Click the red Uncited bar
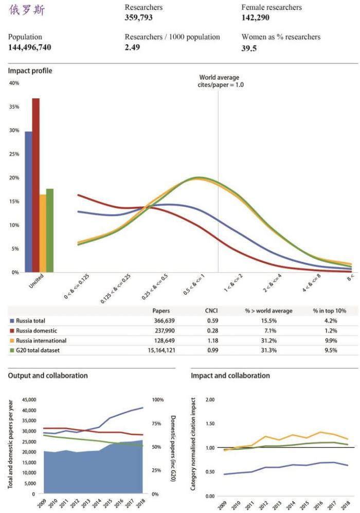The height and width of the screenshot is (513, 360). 35,185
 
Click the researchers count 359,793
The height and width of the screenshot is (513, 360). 138,17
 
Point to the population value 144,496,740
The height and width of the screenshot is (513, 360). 29,47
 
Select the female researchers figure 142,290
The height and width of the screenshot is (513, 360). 256,17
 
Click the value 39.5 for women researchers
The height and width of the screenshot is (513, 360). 249,48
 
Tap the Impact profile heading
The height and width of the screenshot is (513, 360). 30,70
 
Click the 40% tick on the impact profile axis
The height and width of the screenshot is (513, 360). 14,83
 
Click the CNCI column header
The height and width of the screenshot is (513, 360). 212,311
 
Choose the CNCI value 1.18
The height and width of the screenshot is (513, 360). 212,341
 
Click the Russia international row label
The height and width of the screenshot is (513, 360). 41,341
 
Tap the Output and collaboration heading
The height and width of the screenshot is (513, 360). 47,376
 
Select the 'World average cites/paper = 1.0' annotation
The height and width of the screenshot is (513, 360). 219,81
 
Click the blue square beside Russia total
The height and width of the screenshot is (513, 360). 12,321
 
